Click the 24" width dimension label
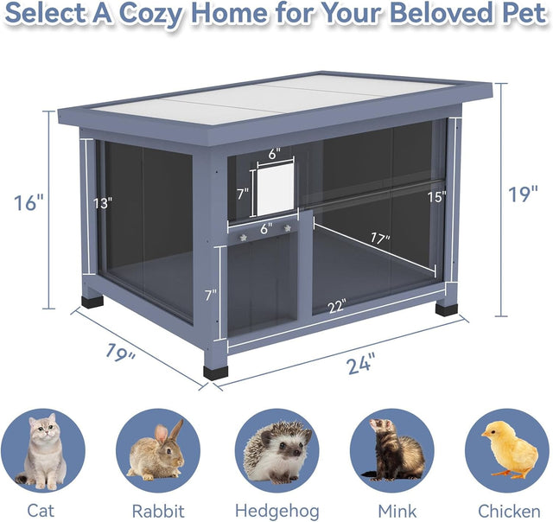361,364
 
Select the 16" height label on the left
29,203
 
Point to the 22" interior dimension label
337,306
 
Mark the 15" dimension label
435,197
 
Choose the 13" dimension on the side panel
104,204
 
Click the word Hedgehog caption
276,510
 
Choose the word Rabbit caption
158,510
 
